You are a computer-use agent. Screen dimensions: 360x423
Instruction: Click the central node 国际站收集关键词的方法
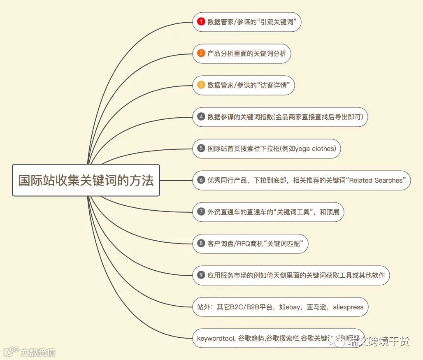(x=86, y=180)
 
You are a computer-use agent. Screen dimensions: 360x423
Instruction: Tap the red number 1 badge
(x=201, y=22)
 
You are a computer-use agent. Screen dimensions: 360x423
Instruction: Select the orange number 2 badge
(x=201, y=53)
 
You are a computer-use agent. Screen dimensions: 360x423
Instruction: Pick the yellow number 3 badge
(x=201, y=85)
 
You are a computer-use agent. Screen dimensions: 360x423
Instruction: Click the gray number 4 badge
(x=201, y=117)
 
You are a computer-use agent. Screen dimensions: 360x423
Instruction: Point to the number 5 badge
(x=201, y=149)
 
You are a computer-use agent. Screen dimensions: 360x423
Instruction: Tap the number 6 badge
(x=201, y=180)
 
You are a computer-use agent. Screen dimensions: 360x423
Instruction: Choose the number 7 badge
(x=201, y=211)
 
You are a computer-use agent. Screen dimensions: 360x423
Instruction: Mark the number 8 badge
(x=201, y=243)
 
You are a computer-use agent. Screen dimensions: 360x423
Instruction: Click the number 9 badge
(x=201, y=275)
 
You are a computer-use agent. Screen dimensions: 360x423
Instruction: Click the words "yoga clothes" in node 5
(x=315, y=149)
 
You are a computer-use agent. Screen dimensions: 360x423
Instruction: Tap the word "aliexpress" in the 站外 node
(x=348, y=307)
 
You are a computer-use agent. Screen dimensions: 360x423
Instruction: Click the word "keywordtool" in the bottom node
(x=214, y=338)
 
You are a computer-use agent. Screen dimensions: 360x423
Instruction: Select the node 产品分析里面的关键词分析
(x=242, y=53)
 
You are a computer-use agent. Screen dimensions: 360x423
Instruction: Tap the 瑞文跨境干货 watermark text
(x=378, y=341)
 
